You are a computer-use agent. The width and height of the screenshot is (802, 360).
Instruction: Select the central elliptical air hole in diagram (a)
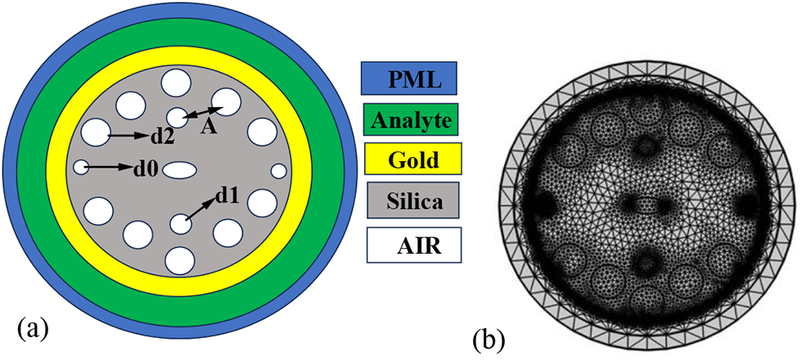(x=180, y=169)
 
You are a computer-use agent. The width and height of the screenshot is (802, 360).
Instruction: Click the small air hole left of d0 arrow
(x=80, y=167)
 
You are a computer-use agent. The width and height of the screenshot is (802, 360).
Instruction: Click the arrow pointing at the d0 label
(x=110, y=167)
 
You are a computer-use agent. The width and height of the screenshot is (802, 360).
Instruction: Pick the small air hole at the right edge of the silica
(x=279, y=171)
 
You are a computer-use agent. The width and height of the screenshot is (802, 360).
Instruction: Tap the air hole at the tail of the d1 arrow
(x=179, y=223)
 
